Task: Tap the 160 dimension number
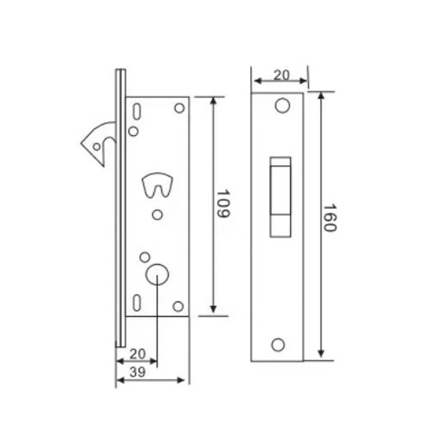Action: coord(330,218)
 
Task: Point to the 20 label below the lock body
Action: coord(138,353)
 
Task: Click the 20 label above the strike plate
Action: coord(281,75)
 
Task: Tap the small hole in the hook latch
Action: coord(96,146)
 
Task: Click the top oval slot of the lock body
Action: coord(137,111)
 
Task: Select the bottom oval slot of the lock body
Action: coord(137,301)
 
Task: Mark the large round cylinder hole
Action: coord(157,274)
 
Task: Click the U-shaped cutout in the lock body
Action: coord(157,185)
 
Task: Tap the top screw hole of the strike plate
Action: coord(281,106)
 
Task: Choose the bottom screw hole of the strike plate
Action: coord(278,344)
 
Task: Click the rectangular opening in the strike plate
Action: coord(280,196)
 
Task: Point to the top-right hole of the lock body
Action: coord(179,108)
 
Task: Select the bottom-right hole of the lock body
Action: coord(178,306)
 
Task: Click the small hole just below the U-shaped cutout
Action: coord(157,215)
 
